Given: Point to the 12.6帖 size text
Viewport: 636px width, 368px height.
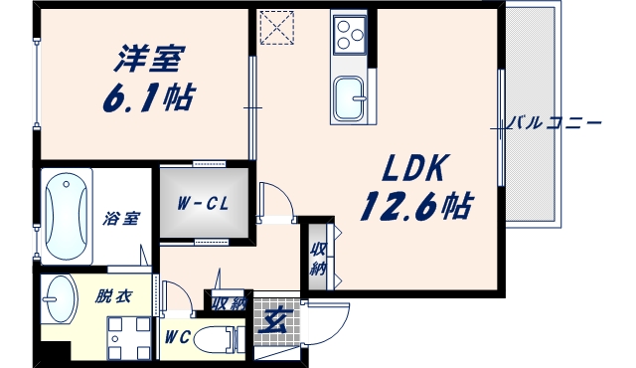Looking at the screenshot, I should point(415,206).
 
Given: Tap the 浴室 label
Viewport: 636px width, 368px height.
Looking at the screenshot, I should point(124,220).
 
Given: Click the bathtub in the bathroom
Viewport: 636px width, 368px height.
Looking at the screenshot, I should point(66,218).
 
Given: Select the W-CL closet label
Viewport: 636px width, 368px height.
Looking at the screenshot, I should point(204,204).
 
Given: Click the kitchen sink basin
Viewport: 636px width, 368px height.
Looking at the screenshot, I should point(349,98).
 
